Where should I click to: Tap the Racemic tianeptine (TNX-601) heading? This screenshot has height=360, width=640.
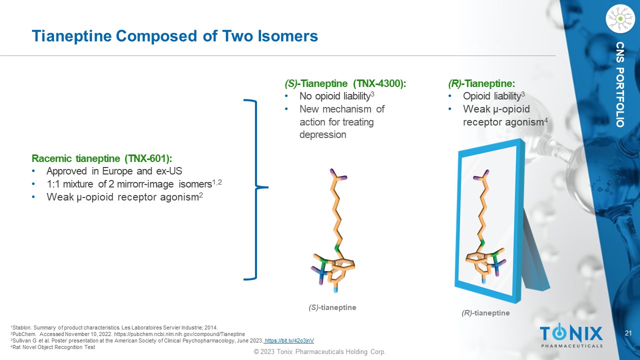102,158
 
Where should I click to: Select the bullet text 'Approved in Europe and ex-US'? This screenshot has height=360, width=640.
114,171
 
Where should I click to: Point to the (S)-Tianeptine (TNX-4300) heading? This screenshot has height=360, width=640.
345,83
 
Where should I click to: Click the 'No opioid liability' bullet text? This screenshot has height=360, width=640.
335,96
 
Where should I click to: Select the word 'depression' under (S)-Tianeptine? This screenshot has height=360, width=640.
323,134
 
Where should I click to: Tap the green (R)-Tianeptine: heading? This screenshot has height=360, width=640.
481,83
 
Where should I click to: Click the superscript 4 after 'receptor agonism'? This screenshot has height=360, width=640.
545,120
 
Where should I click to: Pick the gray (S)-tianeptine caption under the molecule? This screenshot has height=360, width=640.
332,307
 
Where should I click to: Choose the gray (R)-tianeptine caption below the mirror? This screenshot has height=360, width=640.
485,313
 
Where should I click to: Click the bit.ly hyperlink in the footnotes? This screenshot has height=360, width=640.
289,340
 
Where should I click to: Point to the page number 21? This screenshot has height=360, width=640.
628,333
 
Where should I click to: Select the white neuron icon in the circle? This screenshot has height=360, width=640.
620,19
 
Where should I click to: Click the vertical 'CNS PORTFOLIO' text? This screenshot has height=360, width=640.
620,84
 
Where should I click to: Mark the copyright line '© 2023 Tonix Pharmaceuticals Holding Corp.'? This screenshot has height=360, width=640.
319,351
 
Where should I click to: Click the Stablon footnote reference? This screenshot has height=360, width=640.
114,327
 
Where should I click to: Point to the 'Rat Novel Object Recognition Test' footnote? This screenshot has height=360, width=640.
53,347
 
